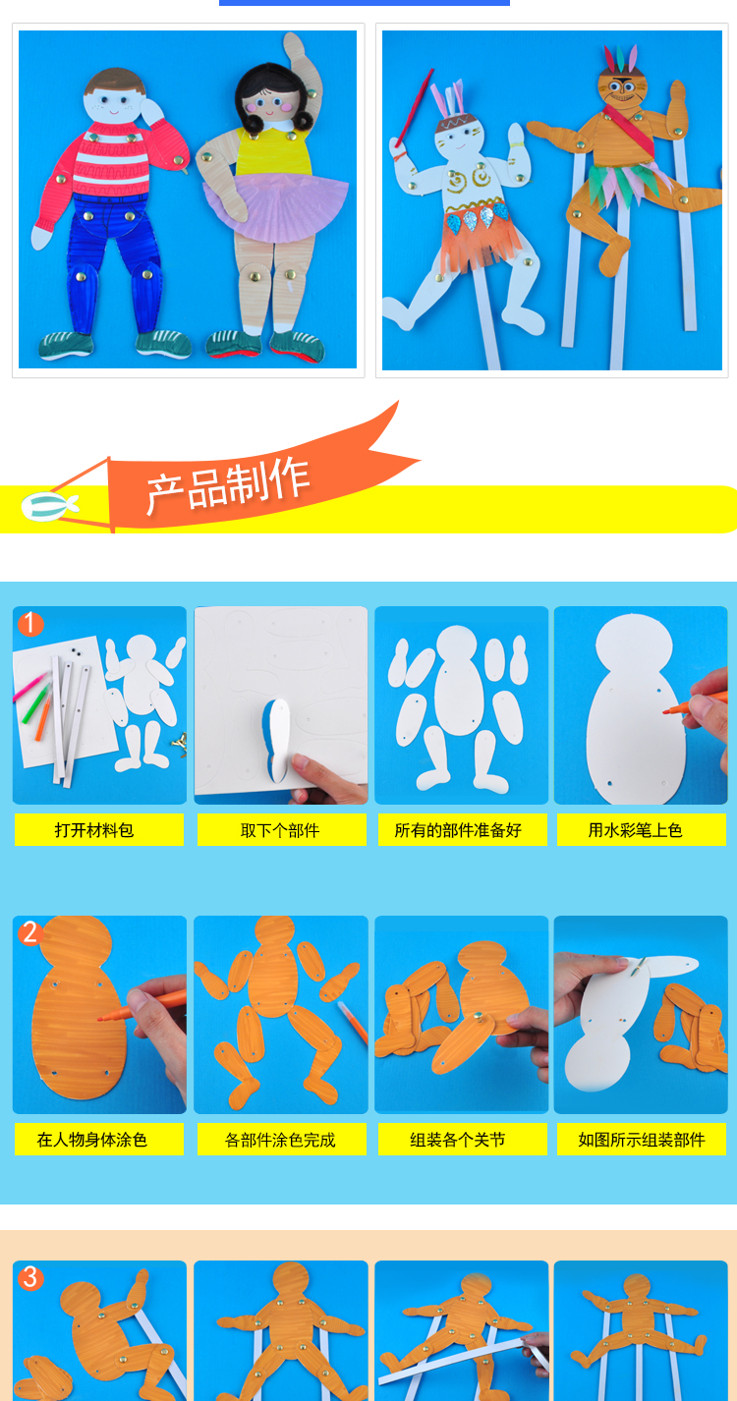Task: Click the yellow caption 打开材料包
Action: [94, 830]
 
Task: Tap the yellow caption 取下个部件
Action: [280, 830]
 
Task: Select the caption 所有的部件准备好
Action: [458, 830]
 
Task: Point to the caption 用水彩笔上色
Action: [635, 830]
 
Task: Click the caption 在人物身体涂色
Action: [92, 1140]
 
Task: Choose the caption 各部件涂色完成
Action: [280, 1140]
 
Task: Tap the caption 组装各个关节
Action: [458, 1140]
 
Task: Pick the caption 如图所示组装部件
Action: [642, 1140]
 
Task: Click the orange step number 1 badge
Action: [30, 624]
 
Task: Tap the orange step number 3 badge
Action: [30, 1277]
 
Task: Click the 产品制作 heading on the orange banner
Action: [228, 486]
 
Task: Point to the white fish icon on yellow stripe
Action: [49, 506]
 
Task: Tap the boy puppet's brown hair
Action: [116, 82]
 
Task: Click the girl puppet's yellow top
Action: [272, 152]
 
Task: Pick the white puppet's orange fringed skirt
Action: [480, 242]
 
